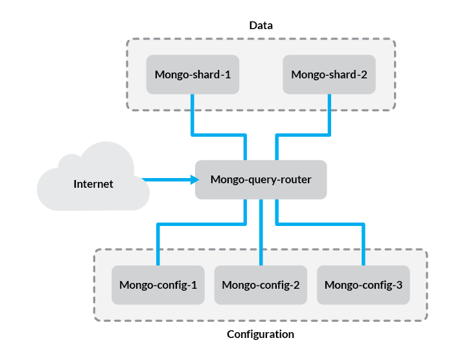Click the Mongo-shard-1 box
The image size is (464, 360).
(192, 74)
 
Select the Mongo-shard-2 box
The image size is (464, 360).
(329, 74)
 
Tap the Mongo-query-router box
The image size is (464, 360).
(261, 179)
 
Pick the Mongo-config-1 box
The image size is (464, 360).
(158, 285)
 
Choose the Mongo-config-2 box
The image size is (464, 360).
(261, 285)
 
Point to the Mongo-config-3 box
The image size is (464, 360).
(363, 285)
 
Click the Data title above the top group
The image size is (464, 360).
(261, 26)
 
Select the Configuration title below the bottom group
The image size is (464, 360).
(261, 335)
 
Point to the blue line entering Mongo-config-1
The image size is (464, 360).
(158, 246)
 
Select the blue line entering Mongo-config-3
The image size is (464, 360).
(363, 246)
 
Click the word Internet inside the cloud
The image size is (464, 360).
(93, 184)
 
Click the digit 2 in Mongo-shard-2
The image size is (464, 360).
(364, 74)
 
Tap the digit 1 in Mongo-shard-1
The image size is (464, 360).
(227, 74)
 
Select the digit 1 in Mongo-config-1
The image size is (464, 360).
(194, 285)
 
